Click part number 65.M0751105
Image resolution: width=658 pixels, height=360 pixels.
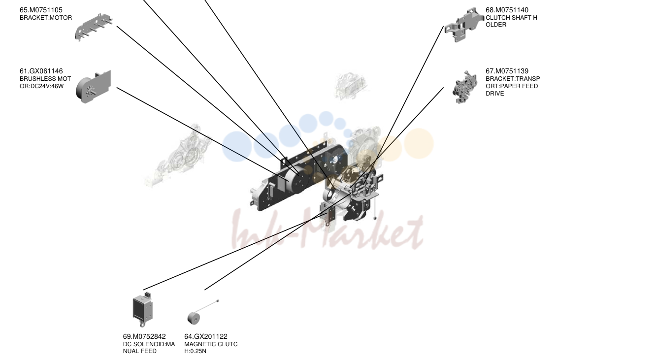41,10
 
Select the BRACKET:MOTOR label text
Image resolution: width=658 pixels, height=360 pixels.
46,18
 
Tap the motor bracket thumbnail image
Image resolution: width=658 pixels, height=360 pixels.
94,27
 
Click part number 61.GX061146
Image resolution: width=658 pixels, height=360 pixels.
41,71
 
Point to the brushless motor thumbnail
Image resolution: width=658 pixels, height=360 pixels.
94,87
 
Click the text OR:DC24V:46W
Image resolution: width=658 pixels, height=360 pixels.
41,86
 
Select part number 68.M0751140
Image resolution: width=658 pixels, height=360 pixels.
507,10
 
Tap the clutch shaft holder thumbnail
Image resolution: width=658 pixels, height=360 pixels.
464,25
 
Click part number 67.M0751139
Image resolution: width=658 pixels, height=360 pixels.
507,71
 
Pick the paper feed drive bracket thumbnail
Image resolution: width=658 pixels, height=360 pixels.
464,87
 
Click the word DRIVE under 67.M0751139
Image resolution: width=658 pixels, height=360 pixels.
494,94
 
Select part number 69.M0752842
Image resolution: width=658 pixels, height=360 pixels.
144,337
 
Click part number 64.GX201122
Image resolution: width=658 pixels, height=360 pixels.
206,337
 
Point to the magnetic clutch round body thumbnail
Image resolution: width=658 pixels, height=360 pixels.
194,319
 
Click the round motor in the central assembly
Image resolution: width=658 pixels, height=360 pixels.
297,181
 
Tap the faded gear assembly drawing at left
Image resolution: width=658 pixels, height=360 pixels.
178,156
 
